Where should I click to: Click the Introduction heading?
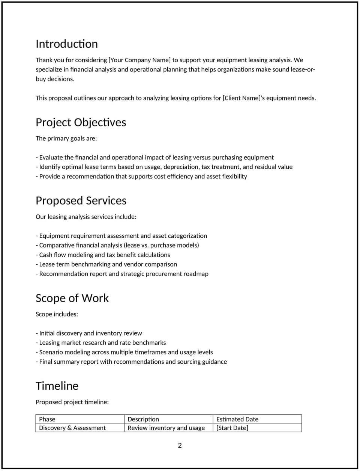[x=67, y=44]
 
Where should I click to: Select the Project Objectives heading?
[x=81, y=122]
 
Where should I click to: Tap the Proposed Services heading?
[x=81, y=201]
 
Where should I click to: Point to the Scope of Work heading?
[x=72, y=298]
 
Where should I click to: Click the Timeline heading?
[x=57, y=386]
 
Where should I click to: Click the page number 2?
[x=180, y=445]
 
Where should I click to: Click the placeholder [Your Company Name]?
[x=139, y=60]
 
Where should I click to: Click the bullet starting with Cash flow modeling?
[x=103, y=255]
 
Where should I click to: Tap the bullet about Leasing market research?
[x=101, y=343]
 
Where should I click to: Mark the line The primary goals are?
[x=66, y=139]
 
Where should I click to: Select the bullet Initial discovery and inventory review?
[x=89, y=333]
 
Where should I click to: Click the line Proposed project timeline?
[x=72, y=402]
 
